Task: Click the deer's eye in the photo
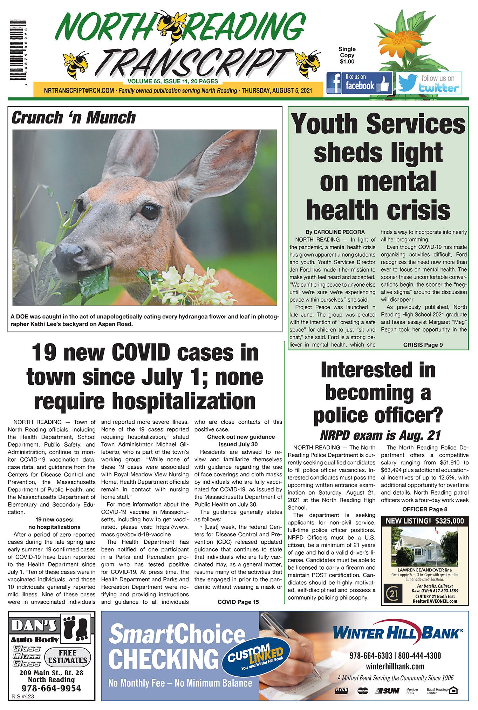150,212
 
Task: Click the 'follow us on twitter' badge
429,83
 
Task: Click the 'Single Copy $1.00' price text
347,55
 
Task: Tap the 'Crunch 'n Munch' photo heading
73,118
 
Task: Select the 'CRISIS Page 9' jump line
423,345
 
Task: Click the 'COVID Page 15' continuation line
238,602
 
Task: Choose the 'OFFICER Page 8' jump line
424,509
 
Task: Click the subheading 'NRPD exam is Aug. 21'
380,435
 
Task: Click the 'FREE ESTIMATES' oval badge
68,657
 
